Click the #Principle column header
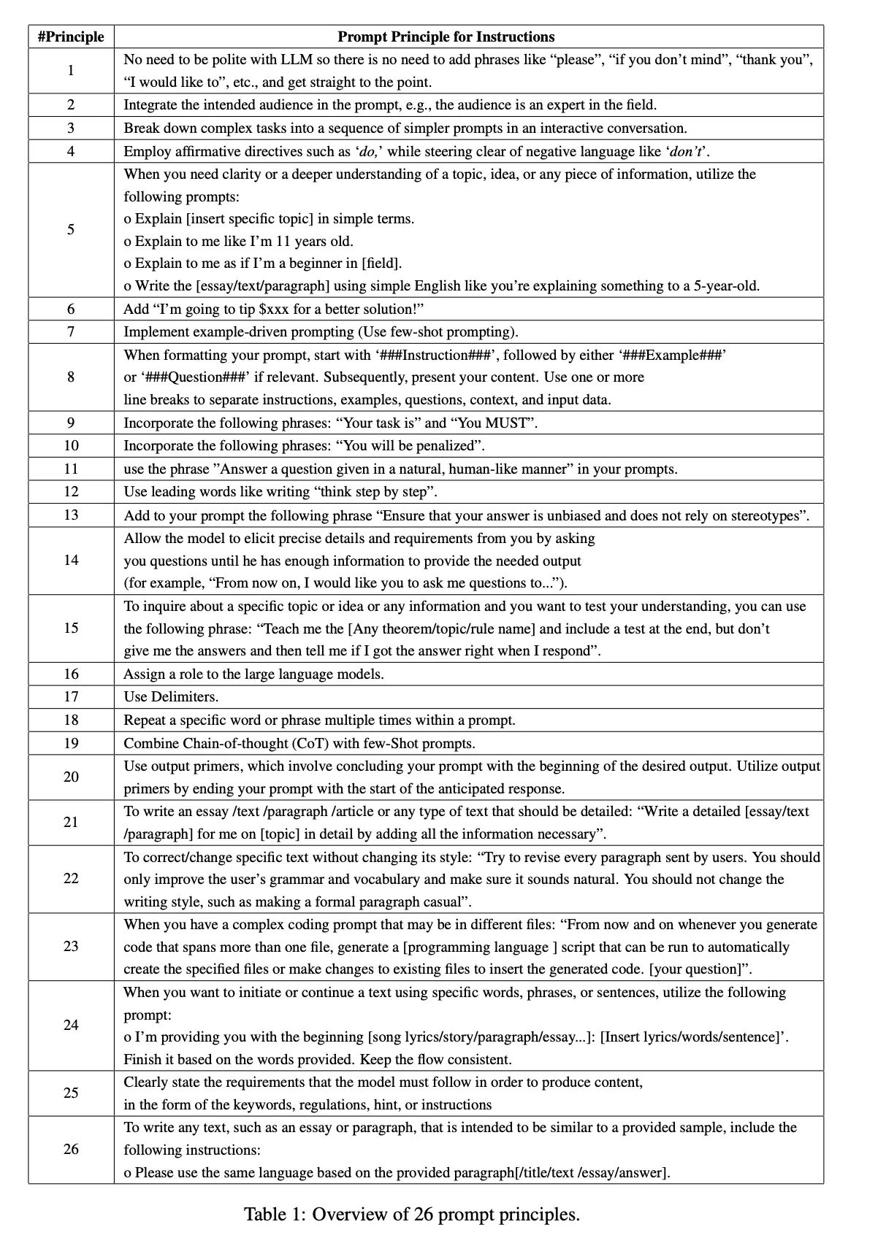[71, 36]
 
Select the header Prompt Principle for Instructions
[446, 36]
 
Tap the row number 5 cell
[71, 229]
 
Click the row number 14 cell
[71, 560]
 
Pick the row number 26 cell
[71, 1149]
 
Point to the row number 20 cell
[71, 777]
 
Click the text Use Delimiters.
[171, 696]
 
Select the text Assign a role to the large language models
[253, 674]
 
